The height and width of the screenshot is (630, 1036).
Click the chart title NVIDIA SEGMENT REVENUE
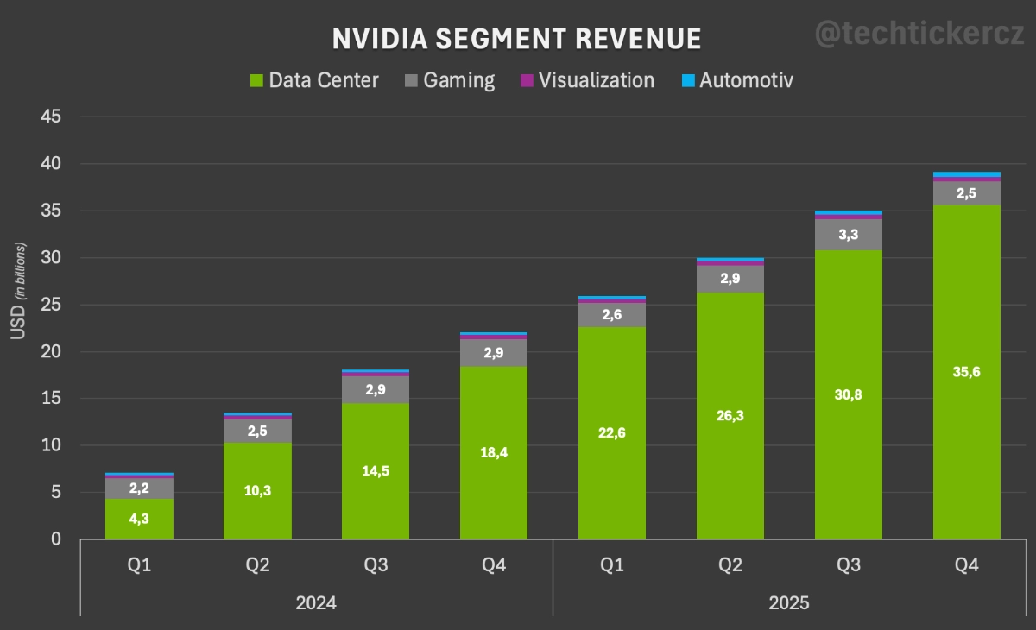516,39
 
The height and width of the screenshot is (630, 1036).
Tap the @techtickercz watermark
920,35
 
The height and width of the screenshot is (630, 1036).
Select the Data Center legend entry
314,80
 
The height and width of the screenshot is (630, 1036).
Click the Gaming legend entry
450,80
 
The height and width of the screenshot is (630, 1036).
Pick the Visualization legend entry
587,80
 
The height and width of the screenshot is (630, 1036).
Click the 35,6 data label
967,372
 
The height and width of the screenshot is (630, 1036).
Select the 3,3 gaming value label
849,234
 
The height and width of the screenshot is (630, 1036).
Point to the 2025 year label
789,602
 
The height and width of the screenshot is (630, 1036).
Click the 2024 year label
316,602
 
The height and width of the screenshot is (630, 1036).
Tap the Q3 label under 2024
376,565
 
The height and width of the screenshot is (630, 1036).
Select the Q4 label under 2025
967,565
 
